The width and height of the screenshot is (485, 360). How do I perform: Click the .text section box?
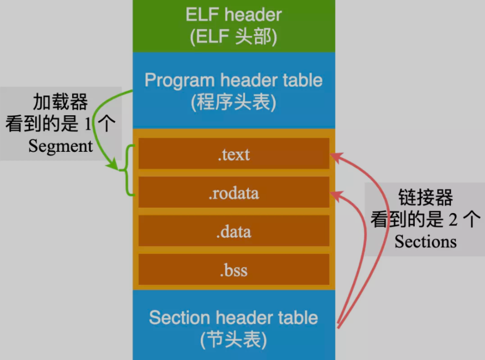pos(234,154)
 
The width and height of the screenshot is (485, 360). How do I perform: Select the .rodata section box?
pos(234,192)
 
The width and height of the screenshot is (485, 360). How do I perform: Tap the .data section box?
pos(234,231)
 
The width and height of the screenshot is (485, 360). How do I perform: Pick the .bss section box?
pos(234,270)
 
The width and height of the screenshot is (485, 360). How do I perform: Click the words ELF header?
pos(234,14)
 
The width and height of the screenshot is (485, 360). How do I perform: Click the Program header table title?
pos(234,80)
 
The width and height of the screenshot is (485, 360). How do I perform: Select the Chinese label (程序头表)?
pos(234,103)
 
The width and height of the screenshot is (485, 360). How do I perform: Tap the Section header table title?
pos(234,317)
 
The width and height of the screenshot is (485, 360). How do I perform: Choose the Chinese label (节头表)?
pos(234,340)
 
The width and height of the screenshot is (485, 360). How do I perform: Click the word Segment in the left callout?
pos(60,146)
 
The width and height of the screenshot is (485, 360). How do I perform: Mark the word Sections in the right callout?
pos(425,241)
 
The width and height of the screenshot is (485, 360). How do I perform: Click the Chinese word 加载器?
pos(60,102)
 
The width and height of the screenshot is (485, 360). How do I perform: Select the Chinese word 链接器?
pos(425,198)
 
